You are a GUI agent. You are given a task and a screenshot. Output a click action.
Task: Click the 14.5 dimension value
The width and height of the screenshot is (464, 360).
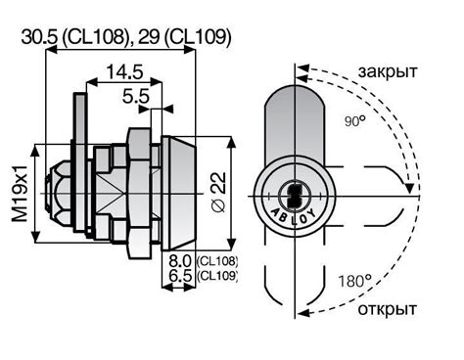pyautogui.click(x=124, y=72)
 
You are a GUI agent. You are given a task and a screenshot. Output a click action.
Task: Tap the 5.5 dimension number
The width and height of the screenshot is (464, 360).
pyautogui.click(x=136, y=96)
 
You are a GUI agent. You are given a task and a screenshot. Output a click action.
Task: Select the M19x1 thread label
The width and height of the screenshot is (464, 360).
pyautogui.click(x=21, y=193)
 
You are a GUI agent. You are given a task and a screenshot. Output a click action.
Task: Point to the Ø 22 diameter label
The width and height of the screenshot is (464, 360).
pyautogui.click(x=218, y=193)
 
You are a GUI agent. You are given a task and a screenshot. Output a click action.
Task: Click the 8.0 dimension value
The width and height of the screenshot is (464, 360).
pyautogui.click(x=180, y=261)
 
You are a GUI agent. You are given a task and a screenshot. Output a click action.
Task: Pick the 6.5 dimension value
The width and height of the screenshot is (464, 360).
pyautogui.click(x=180, y=276)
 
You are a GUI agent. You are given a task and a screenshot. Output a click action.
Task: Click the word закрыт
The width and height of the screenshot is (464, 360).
pyautogui.click(x=388, y=71)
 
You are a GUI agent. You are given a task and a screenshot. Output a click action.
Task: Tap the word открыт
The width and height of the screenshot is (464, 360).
pyautogui.click(x=388, y=309)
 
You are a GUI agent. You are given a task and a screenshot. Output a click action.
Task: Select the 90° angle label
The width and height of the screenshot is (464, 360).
pyautogui.click(x=354, y=121)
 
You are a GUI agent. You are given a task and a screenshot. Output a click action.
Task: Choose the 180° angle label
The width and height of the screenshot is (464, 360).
pyautogui.click(x=354, y=281)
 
